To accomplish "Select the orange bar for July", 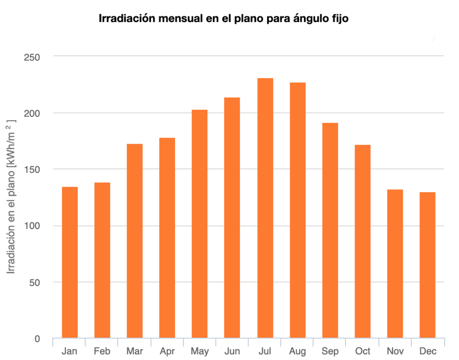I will point(265,208).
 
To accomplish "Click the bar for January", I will point(70,262).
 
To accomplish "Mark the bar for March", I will point(135,241).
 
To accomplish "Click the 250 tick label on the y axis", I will point(32,57).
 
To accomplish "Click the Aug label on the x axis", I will point(298,351).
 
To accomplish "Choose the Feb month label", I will point(102,351).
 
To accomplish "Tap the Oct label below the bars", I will point(362,351).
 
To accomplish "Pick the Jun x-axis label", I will point(232,351).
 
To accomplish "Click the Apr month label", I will point(167,351).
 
